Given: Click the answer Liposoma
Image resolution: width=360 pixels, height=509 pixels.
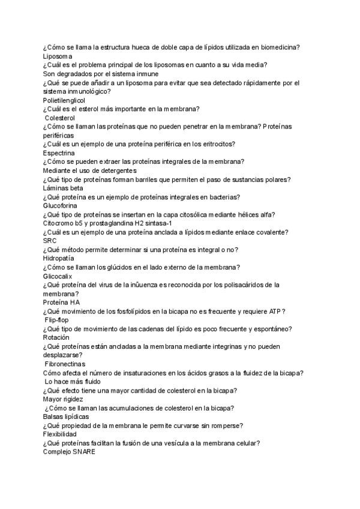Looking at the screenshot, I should (x=58, y=56).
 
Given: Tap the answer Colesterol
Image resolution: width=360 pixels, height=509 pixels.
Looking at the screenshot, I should (x=64, y=118).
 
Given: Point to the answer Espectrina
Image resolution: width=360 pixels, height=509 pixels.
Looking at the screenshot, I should (x=59, y=153).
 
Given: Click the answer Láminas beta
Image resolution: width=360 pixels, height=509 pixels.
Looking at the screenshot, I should (x=63, y=188).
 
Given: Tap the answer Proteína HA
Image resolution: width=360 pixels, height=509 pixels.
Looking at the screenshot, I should (x=61, y=302).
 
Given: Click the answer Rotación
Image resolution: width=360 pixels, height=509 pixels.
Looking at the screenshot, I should (x=56, y=337).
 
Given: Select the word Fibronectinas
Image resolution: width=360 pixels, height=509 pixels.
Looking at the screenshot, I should (x=65, y=364).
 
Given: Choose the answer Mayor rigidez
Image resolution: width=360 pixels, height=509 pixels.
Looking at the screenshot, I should (x=63, y=399).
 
